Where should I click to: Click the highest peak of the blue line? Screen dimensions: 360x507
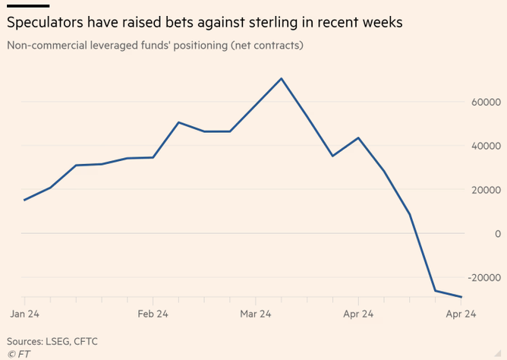point(282,78)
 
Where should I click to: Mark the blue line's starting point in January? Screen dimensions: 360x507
point(24,200)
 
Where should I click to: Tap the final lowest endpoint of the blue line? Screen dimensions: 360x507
point(461,297)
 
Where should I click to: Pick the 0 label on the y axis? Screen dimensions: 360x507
point(497,234)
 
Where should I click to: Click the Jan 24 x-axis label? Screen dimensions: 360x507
point(24,313)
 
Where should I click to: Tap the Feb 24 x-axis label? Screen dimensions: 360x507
point(153,313)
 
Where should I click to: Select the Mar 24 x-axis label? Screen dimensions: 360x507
point(256,313)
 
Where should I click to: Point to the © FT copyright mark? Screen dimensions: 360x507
point(18,353)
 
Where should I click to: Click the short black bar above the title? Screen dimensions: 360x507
point(27,6)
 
